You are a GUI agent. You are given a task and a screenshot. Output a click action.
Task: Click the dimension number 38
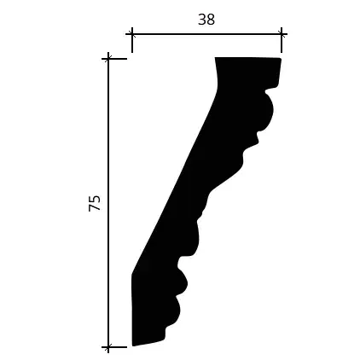click(206, 20)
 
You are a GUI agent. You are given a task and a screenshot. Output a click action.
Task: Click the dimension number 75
click(95, 203)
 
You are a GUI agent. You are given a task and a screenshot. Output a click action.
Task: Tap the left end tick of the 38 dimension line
click(132, 34)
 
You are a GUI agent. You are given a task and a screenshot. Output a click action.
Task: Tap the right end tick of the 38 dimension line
click(282, 34)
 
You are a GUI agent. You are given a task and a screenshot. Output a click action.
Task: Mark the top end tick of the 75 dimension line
click(108, 59)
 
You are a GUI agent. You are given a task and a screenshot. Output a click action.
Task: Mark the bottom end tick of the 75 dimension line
click(108, 347)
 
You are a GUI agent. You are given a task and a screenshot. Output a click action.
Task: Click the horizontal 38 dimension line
click(206, 34)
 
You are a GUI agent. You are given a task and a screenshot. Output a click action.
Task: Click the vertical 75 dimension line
click(108, 203)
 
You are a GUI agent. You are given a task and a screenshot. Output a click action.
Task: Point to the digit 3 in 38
click(202, 20)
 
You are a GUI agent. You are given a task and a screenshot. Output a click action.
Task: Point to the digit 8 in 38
click(211, 20)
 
